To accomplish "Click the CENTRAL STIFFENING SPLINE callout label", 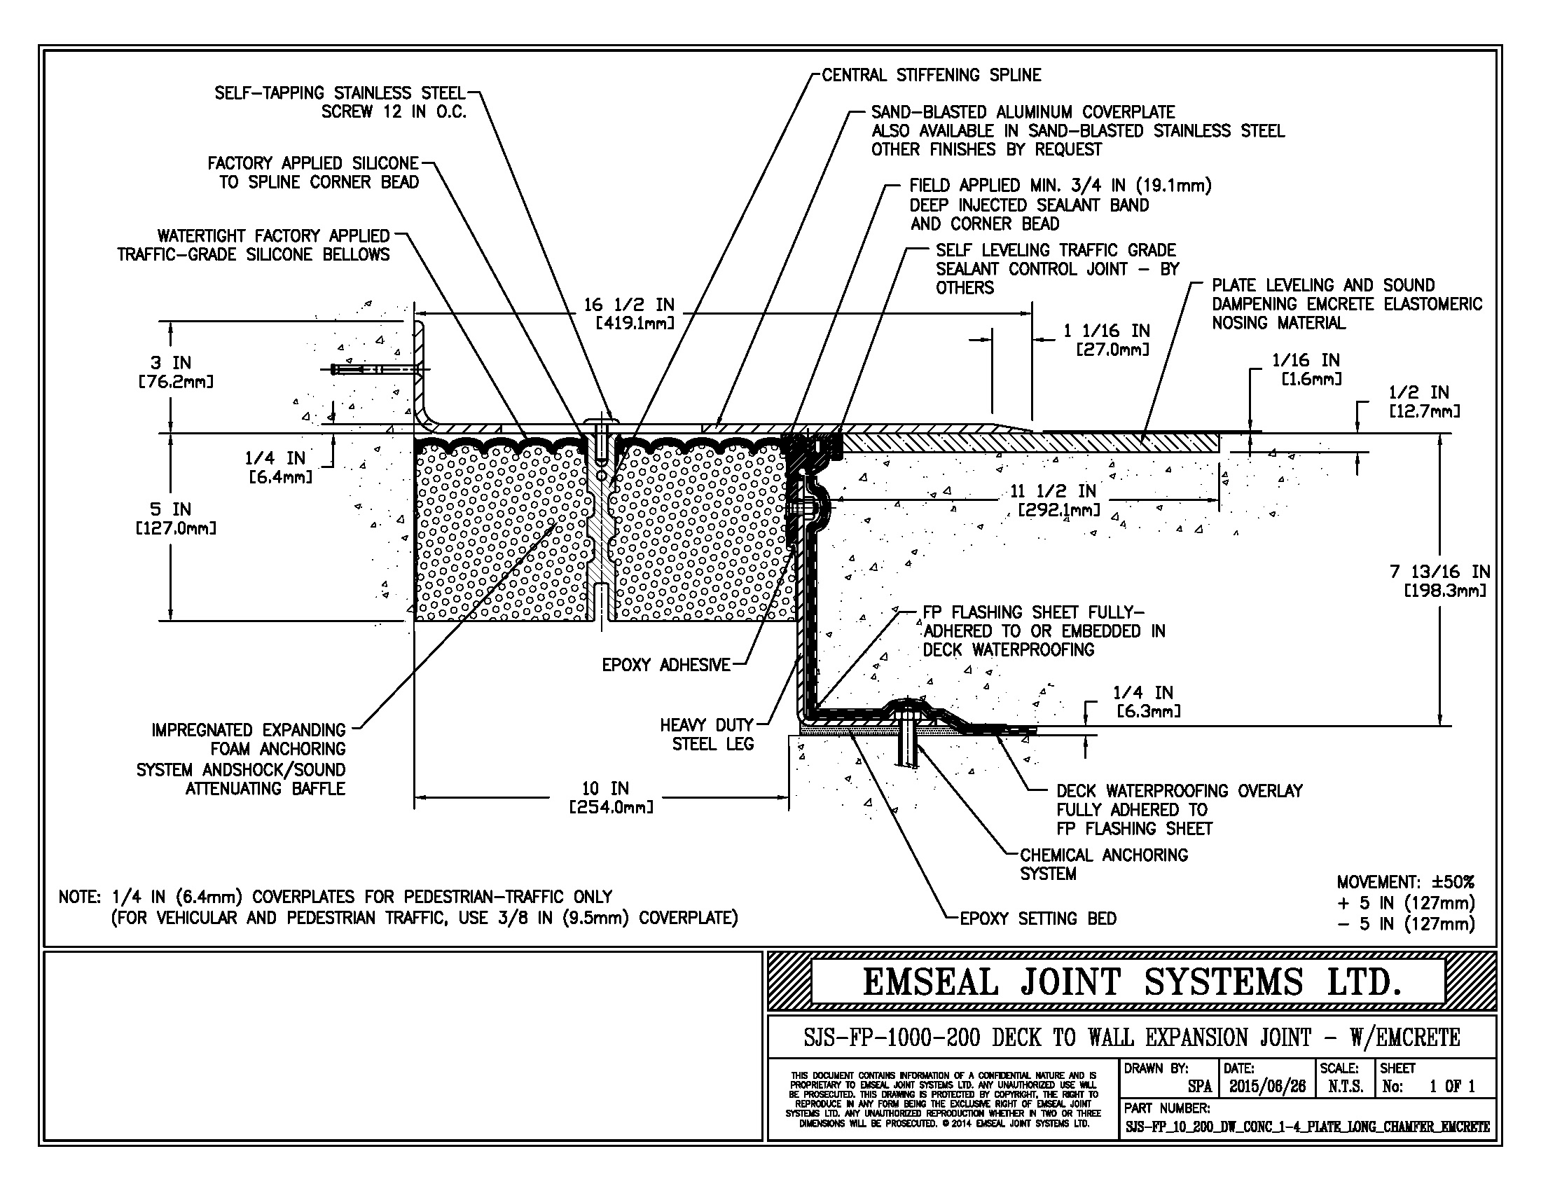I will tap(931, 76).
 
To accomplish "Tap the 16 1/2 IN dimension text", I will tap(629, 305).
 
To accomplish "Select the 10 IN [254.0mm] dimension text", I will tap(610, 797).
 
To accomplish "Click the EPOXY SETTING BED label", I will tap(1038, 918).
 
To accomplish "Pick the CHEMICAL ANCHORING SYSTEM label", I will tap(1103, 865).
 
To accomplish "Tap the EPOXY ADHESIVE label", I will tap(665, 665).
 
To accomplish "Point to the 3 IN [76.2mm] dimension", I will tap(174, 372).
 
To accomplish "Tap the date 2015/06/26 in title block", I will tap(1267, 1087).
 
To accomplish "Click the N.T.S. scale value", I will tap(1345, 1087).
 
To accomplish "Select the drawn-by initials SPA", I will tap(1198, 1087).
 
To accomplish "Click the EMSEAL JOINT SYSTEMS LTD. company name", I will tap(1131, 982).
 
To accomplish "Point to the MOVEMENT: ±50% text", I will tap(1405, 882).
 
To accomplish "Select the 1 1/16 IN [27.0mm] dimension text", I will tap(1106, 339).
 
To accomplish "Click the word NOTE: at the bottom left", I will tap(81, 897).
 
